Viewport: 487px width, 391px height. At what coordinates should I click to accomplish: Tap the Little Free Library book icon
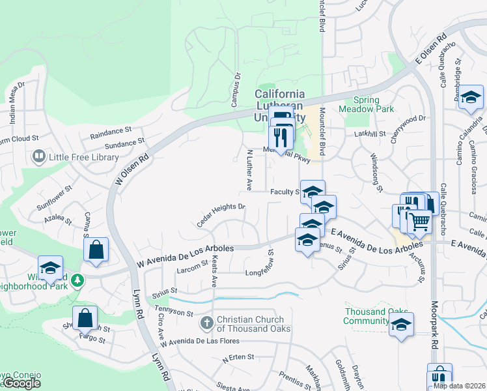pyautogui.click(x=38, y=157)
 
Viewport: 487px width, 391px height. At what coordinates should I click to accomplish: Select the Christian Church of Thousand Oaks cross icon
pyautogui.click(x=206, y=323)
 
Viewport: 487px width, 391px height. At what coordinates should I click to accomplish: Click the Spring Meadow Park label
pyautogui.click(x=366, y=104)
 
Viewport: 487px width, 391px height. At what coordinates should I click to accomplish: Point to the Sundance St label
pyautogui.click(x=123, y=143)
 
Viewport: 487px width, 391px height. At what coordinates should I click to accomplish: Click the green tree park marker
pyautogui.click(x=78, y=280)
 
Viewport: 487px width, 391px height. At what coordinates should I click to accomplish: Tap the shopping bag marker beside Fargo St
pyautogui.click(x=85, y=319)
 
